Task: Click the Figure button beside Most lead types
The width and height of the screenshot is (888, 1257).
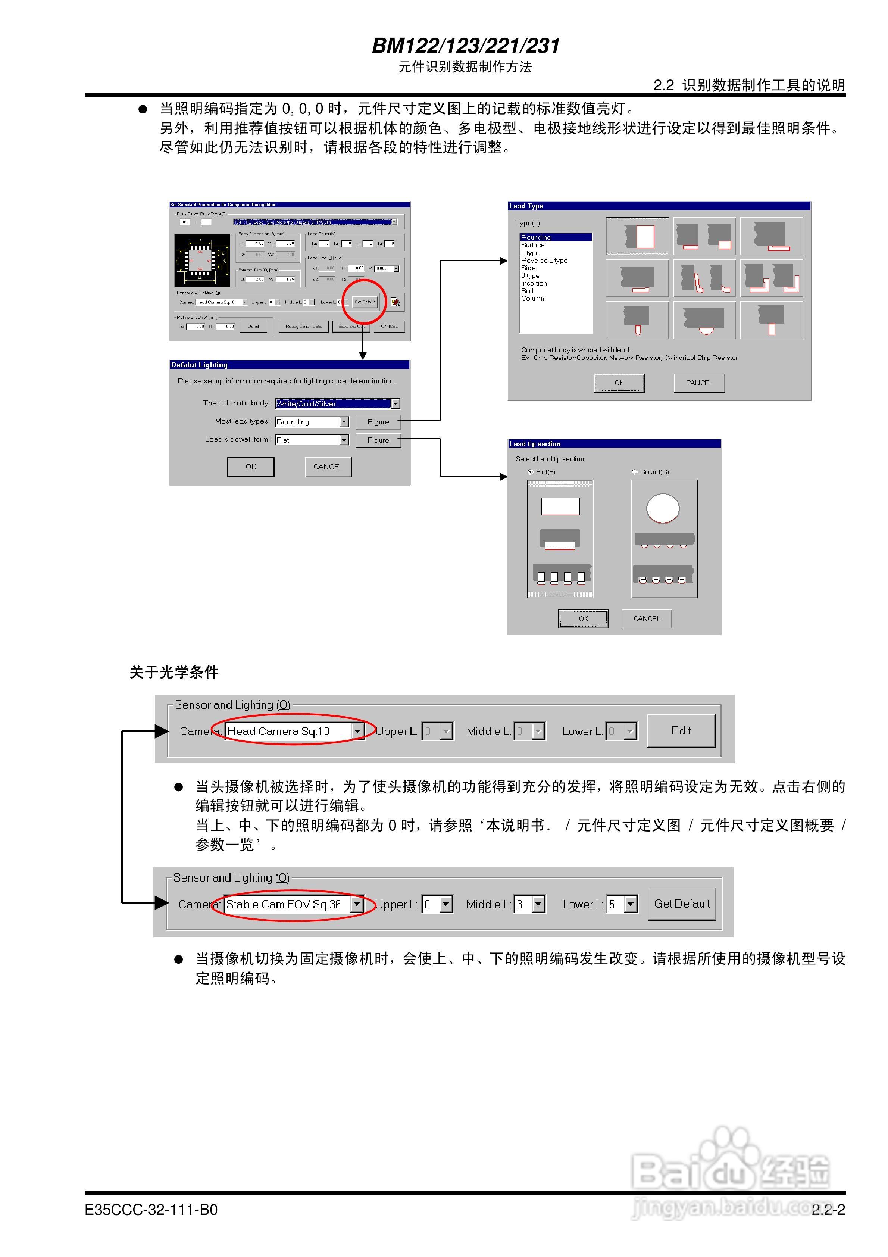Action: pos(378,422)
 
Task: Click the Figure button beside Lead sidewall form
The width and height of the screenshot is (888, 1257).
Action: pos(378,440)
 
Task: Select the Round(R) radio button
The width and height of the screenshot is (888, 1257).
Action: pos(635,471)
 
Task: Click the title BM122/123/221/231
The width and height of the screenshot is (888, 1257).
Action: pos(465,46)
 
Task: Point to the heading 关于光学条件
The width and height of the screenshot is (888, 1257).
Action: pos(174,672)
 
